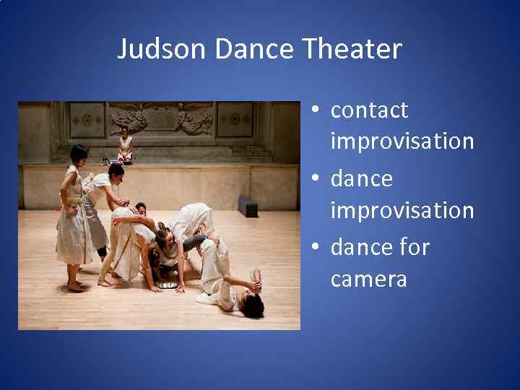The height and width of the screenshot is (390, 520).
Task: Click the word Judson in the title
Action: tap(163, 49)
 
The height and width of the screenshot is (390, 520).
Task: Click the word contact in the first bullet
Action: tap(369, 110)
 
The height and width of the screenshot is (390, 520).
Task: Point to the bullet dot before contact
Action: tap(316, 110)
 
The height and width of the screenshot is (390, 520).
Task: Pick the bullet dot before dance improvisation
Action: tap(316, 179)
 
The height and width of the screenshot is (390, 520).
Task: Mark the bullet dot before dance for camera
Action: tap(316, 248)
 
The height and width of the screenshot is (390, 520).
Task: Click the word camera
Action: tap(368, 279)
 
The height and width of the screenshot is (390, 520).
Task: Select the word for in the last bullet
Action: tap(414, 247)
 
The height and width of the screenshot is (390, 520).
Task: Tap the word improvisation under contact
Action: tap(402, 142)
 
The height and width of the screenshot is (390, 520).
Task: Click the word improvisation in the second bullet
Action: tap(402, 210)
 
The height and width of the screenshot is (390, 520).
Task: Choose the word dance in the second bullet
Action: tap(361, 178)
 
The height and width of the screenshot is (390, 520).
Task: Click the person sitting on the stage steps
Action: tap(125, 144)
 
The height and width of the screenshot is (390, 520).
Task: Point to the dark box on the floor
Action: tap(248, 207)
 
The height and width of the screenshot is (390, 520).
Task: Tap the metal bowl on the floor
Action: tap(168, 285)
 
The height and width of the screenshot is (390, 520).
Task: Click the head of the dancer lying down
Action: tap(252, 305)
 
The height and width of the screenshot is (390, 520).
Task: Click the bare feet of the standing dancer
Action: tap(75, 287)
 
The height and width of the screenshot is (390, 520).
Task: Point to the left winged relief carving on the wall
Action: tap(131, 117)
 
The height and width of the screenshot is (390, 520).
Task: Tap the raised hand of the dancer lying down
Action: tap(256, 276)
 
